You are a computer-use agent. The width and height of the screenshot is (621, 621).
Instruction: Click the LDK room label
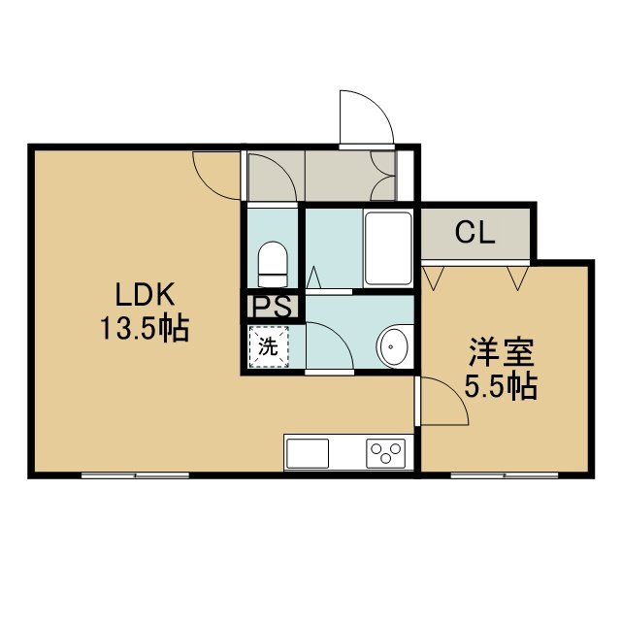tap(145, 294)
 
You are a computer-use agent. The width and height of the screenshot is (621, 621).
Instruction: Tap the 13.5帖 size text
tap(145, 329)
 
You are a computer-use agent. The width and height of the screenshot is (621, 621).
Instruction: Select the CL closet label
tap(474, 233)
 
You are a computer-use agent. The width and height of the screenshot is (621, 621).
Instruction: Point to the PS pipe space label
tap(273, 307)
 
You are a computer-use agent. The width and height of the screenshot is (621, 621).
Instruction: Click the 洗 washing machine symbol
tap(268, 347)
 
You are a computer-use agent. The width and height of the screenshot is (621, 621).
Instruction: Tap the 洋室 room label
tap(502, 352)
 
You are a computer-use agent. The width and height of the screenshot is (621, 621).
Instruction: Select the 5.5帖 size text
tap(501, 385)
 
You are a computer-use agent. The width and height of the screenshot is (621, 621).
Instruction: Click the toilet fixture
tap(273, 264)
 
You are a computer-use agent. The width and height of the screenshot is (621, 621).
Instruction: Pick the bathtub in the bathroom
tap(388, 248)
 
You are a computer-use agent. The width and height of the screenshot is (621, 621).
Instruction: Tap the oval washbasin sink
tap(394, 347)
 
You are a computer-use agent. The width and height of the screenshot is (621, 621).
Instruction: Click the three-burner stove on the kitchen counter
tap(385, 453)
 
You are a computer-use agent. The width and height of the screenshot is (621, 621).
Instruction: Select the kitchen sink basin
tap(308, 453)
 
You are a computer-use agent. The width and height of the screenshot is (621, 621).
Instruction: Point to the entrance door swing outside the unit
tap(367, 117)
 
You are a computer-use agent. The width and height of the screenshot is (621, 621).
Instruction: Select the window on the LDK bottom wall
tap(135, 475)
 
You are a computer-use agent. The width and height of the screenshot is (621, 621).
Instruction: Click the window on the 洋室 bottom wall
tap(505, 475)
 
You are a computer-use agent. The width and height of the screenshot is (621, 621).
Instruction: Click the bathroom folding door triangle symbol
tap(313, 277)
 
